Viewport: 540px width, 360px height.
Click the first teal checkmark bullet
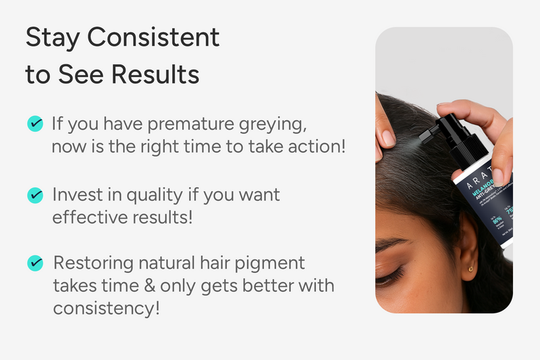pos(34,124)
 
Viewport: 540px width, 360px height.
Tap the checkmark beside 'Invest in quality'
pos(34,195)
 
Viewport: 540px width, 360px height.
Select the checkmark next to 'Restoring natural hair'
pos(34,263)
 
